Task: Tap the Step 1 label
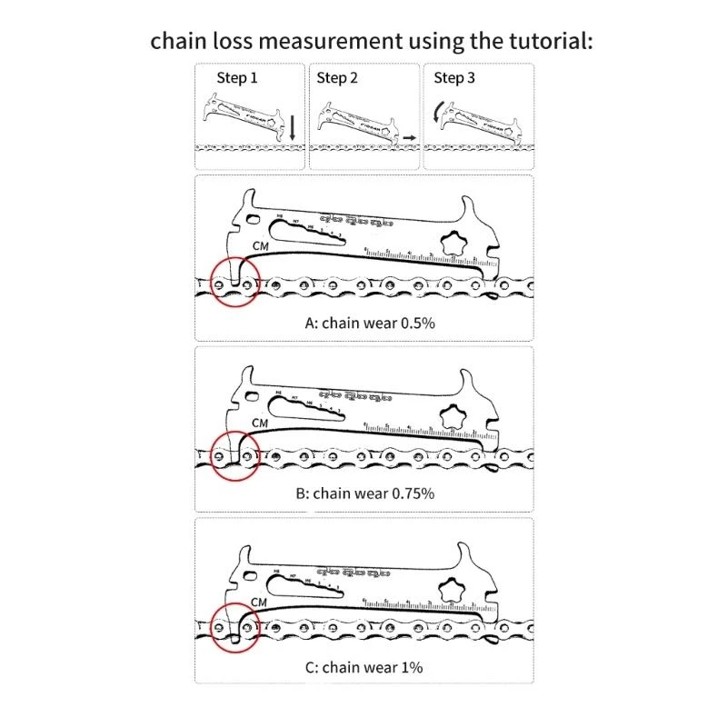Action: [x=237, y=78]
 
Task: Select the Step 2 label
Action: [x=337, y=78]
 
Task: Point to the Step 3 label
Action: [x=454, y=78]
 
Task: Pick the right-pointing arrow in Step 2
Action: [x=410, y=136]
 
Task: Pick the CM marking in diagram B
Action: [x=260, y=423]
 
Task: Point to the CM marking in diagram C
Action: [x=259, y=602]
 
